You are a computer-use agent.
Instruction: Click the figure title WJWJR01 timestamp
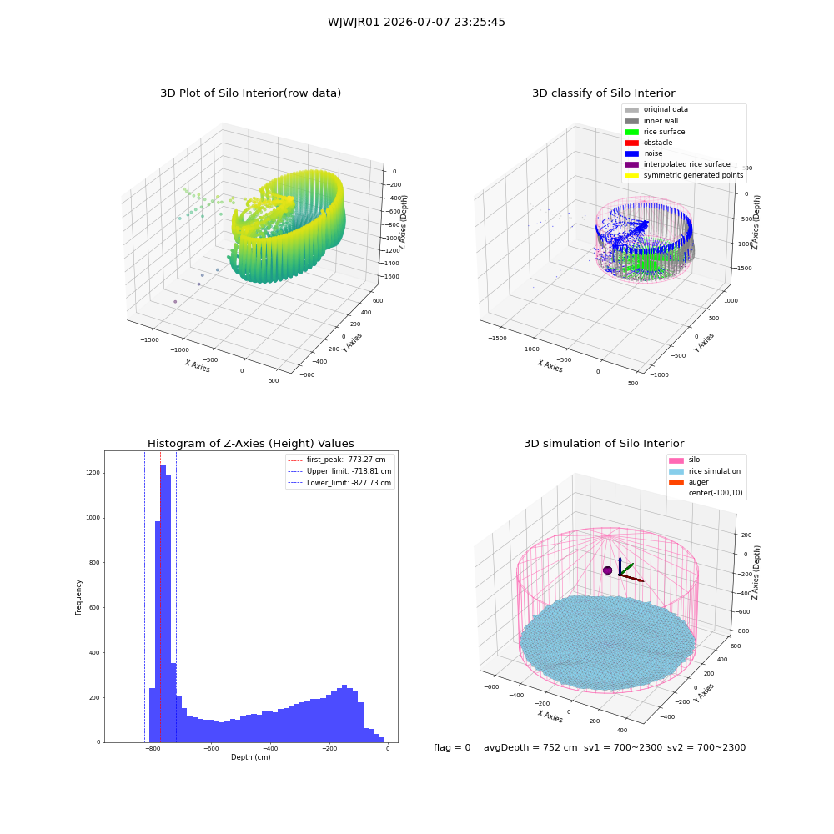416,23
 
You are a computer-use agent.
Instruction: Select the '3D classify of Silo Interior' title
604,93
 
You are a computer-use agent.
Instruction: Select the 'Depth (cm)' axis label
251,757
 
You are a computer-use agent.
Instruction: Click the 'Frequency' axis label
78,597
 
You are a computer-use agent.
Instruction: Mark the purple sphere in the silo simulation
607,570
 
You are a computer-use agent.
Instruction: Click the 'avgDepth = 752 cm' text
530,747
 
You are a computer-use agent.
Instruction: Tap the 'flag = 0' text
452,747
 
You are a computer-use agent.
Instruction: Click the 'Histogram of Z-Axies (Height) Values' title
250,444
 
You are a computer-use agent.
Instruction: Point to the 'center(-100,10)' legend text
716,493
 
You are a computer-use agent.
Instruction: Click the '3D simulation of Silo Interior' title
604,444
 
